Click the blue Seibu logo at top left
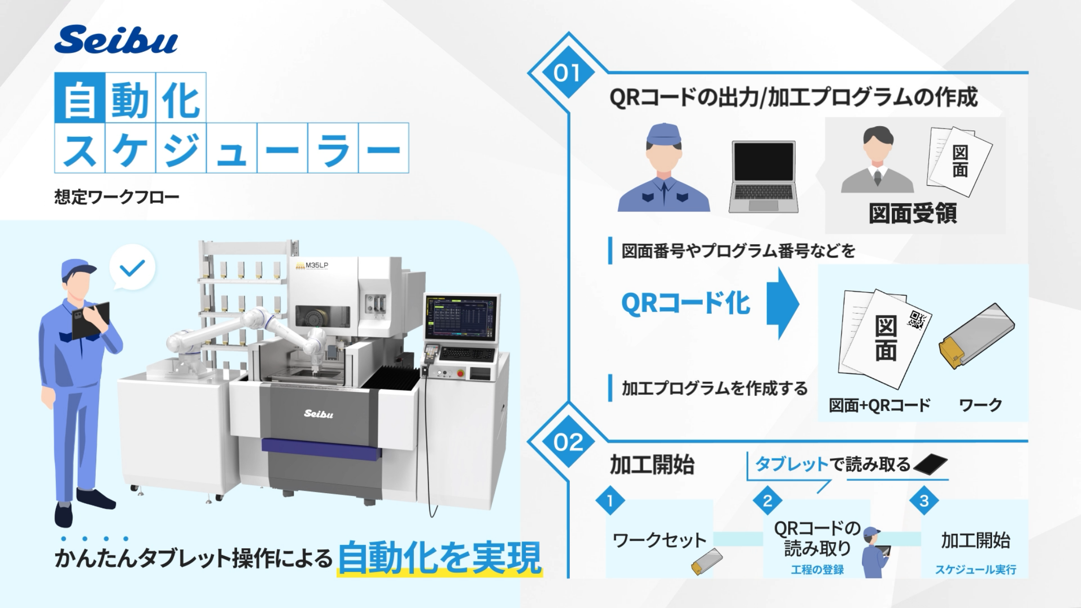point(116,40)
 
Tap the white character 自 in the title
point(80,98)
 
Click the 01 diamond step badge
point(567,73)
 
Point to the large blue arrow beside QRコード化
point(782,304)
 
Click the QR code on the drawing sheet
point(916,320)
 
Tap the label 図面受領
point(912,213)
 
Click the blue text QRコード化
point(686,304)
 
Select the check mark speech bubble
point(132,268)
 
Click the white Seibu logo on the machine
point(318,413)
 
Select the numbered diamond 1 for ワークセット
point(610,500)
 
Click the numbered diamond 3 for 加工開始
point(924,500)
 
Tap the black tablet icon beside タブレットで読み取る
point(930,464)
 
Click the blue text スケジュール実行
point(975,570)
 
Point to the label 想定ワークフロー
point(117,197)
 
